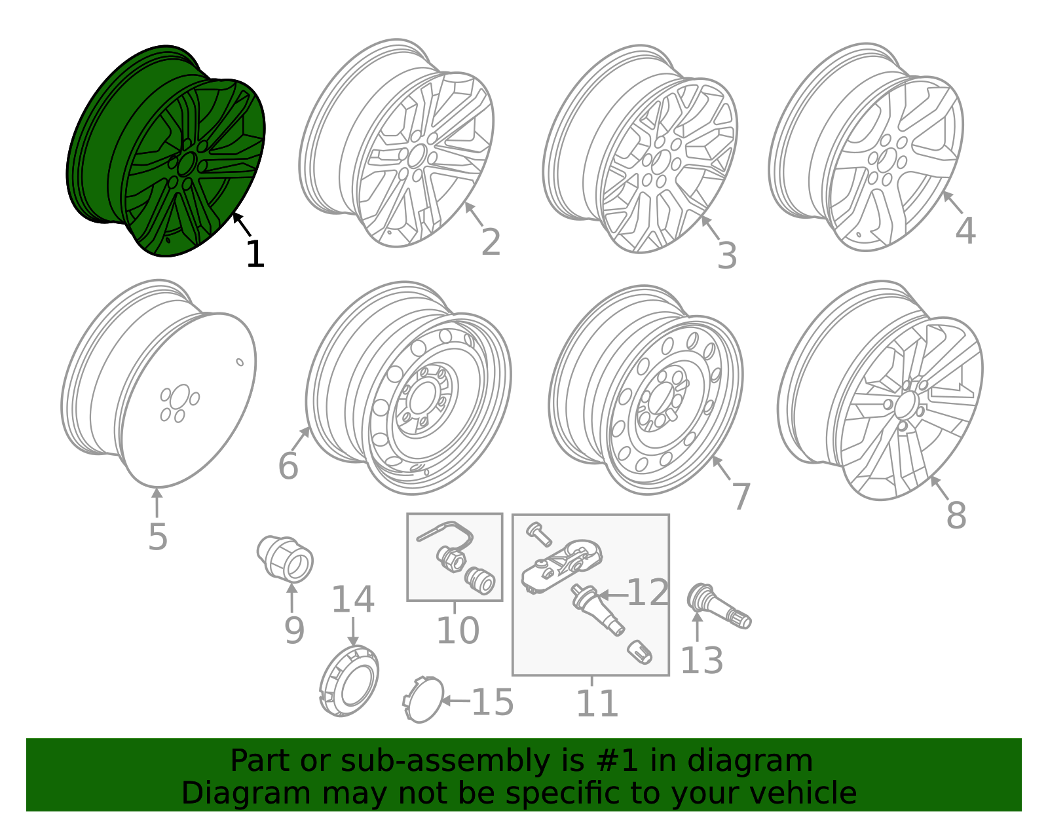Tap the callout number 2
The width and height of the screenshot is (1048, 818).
click(491, 243)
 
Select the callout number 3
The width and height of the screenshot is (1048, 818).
click(727, 256)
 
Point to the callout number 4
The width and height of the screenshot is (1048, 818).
click(965, 231)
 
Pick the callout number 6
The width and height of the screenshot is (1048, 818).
click(288, 466)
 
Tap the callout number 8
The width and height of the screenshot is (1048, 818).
click(956, 516)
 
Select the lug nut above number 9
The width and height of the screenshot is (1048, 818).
click(286, 559)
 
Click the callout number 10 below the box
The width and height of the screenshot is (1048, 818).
click(458, 631)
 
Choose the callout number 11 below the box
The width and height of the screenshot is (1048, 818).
click(597, 704)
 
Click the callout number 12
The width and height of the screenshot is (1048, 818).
click(648, 593)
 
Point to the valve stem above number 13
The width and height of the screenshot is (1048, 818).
click(719, 606)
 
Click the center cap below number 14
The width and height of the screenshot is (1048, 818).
click(350, 681)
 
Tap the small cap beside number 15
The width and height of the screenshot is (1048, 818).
click(423, 699)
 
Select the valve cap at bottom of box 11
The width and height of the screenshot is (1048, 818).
click(639, 652)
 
